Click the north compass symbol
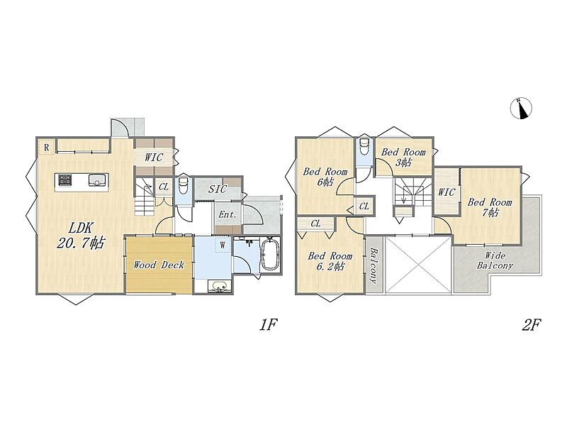point(521,109)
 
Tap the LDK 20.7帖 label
point(81,236)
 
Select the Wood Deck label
point(159,265)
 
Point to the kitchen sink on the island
point(97,180)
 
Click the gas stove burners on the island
point(65,180)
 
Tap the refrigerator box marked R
point(46,148)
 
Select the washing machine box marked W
point(223,245)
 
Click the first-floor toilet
point(184,185)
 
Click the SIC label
point(218,189)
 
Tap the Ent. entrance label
point(228,214)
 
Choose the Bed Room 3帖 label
point(403,157)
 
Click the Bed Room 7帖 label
point(490,207)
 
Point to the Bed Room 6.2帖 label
point(330,261)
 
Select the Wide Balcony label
point(495,260)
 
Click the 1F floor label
point(268,325)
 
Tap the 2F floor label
point(531,325)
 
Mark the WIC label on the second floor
point(447,192)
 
